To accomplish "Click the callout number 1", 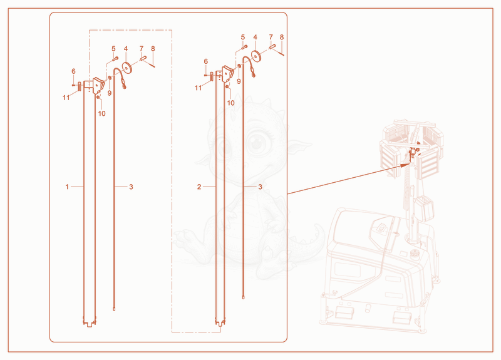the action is (x=67, y=187).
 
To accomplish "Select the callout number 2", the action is (x=199, y=187).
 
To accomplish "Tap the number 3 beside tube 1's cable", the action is (x=131, y=187).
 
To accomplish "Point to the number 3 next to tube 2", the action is (x=260, y=187).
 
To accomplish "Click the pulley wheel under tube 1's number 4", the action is (x=128, y=67).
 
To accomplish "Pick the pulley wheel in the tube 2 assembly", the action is (x=257, y=55).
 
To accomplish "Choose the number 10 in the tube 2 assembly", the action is (x=230, y=103).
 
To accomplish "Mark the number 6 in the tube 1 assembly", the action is (x=73, y=71).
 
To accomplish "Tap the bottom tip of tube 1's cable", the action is (x=114, y=309).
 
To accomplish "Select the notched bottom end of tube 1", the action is (x=90, y=321).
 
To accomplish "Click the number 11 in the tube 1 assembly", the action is (x=66, y=98).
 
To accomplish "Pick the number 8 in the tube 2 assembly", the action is (x=281, y=37).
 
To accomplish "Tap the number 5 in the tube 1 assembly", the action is (x=113, y=49).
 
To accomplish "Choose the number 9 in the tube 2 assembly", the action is (x=239, y=81).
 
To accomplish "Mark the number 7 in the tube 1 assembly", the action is (x=142, y=49).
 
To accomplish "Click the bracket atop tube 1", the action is (x=98, y=86).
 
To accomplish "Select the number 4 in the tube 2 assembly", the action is (x=255, y=37).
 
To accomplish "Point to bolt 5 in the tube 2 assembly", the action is (x=244, y=47).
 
